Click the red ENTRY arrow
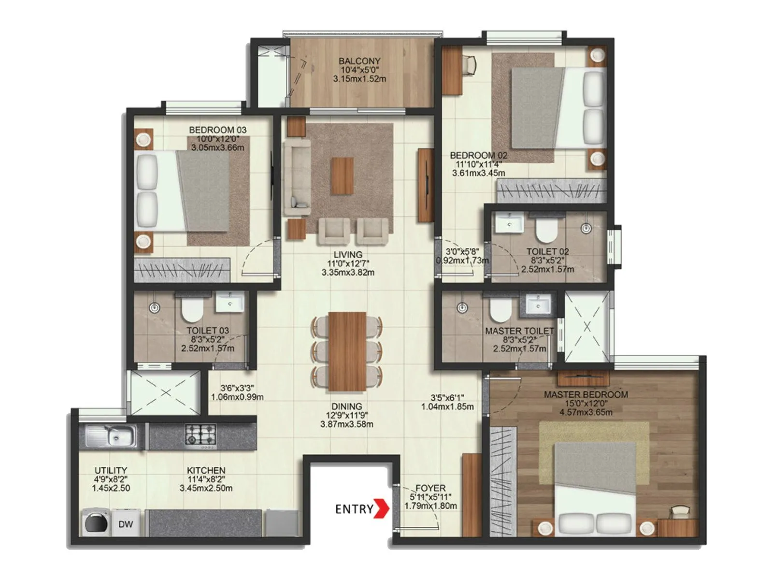383,508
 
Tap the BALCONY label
359,61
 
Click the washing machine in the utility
95,522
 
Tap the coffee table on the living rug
342,176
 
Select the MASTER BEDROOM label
586,394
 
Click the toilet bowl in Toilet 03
192,309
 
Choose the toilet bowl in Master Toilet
501,310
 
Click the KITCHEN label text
206,470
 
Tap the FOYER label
430,488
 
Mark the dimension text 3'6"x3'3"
237,388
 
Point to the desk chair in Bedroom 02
469,64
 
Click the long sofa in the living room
297,176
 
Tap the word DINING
346,406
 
